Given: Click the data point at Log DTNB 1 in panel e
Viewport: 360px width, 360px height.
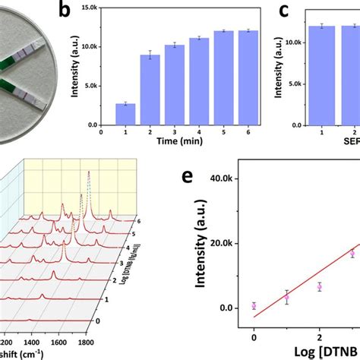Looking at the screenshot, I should (286, 298).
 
